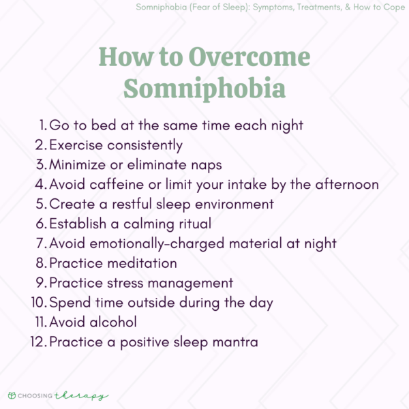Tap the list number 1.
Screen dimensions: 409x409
click(43, 125)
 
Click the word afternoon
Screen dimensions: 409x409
click(345, 185)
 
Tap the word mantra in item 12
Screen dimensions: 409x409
click(232, 342)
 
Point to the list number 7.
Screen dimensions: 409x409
click(42, 244)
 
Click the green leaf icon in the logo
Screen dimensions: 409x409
click(12, 395)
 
